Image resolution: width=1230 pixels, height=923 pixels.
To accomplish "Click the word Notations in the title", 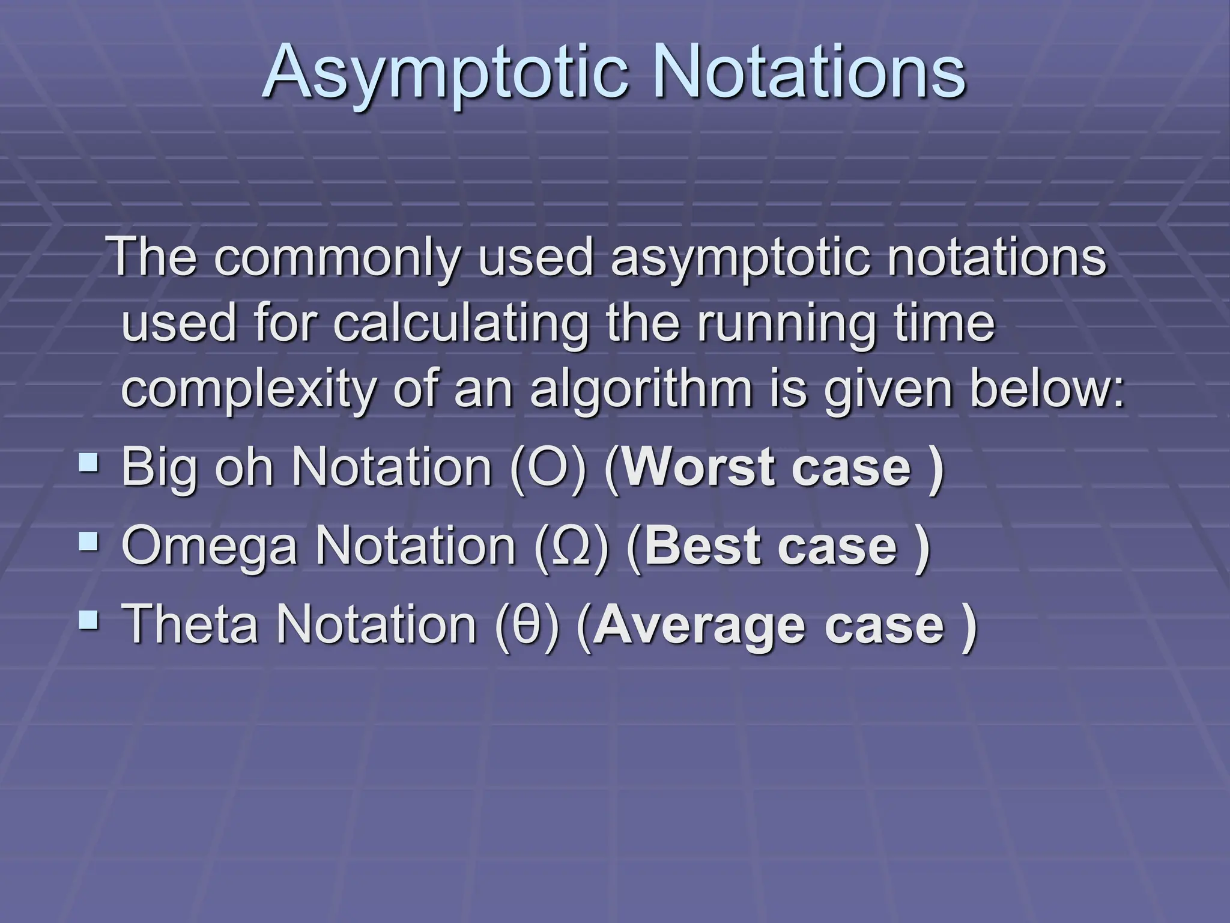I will [808, 72].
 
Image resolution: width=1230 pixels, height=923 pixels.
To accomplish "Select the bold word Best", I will [700, 547].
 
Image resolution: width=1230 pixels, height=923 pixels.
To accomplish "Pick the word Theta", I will [190, 625].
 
